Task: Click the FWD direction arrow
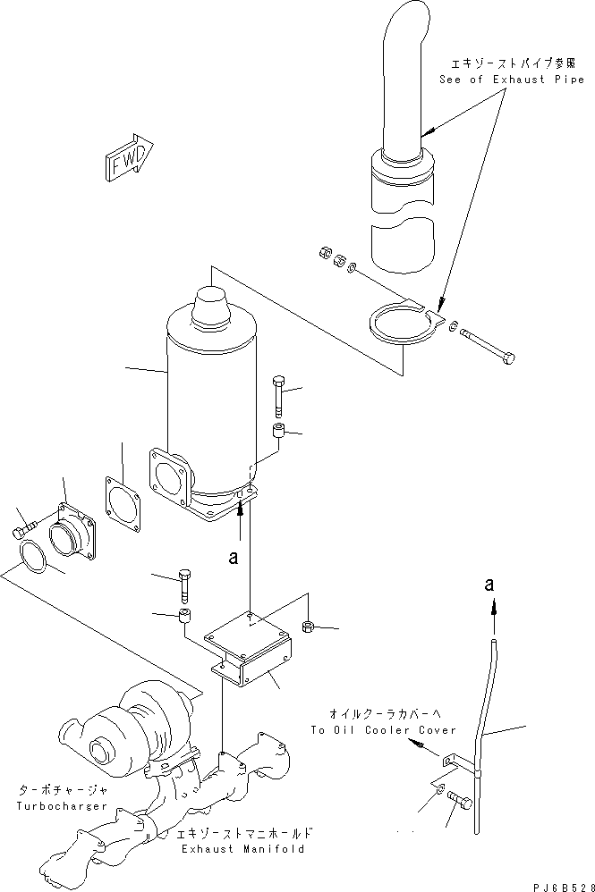(129, 158)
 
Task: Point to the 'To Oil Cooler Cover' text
(383, 730)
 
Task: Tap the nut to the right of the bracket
(307, 626)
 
